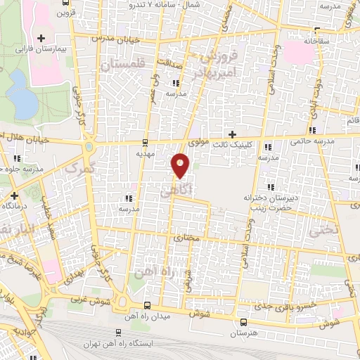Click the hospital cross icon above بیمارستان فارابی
(x=41, y=38)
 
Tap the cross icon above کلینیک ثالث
(x=232, y=134)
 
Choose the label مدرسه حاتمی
(x=311, y=141)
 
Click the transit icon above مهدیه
(x=146, y=141)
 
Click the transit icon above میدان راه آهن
(x=147, y=306)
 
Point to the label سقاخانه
(x=316, y=41)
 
